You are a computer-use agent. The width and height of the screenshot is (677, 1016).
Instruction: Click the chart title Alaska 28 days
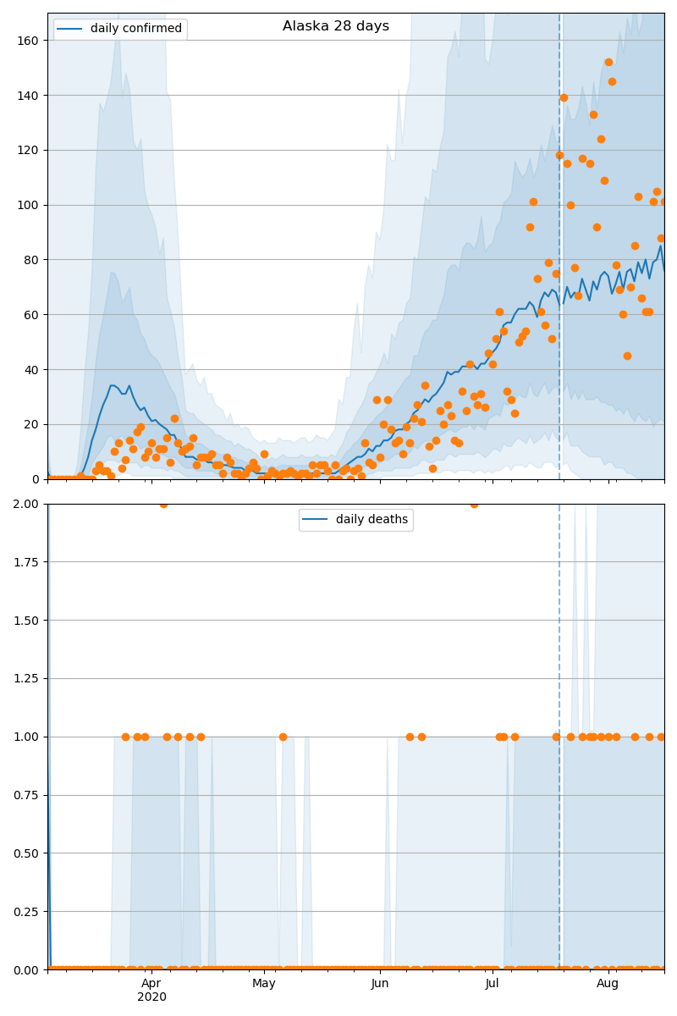point(336,26)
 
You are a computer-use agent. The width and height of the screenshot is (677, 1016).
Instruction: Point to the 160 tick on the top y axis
point(32,41)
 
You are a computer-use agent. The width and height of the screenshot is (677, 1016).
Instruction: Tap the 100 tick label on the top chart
point(32,205)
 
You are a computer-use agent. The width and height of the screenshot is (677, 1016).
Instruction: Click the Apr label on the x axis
point(151,983)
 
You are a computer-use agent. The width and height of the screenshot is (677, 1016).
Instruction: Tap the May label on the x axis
point(264,983)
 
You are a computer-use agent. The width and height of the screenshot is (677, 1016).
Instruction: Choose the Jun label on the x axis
point(380,983)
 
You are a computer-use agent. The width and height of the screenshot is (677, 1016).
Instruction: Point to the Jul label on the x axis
point(493,983)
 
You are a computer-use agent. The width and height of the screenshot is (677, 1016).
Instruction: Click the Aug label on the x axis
point(608,983)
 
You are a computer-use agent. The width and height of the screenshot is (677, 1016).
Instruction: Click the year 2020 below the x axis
point(151,997)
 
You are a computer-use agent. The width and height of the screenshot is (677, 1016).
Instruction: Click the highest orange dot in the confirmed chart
point(608,62)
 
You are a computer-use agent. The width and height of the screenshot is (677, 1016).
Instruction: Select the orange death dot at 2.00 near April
point(163,504)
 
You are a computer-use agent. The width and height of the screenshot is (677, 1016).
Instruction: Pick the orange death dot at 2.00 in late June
point(474,504)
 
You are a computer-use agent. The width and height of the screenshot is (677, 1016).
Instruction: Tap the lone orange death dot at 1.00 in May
point(283,737)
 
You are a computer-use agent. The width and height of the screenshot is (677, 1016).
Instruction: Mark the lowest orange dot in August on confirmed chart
point(627,356)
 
